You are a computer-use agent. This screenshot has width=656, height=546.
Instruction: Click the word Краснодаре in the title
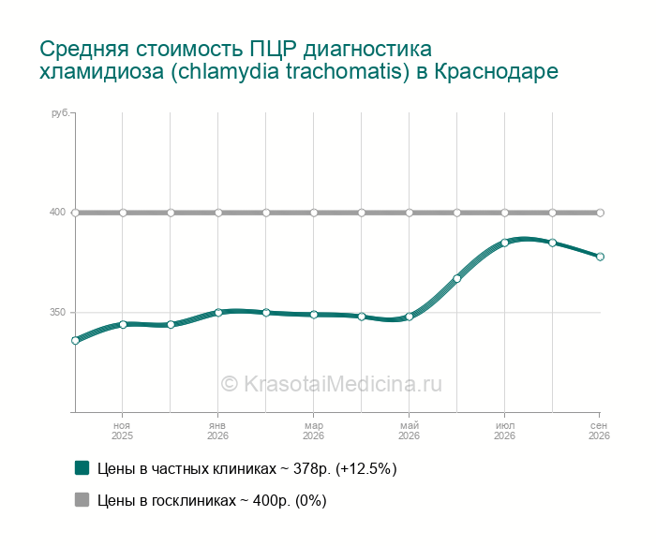(496, 71)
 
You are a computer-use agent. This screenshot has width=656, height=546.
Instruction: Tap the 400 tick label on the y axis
(57, 212)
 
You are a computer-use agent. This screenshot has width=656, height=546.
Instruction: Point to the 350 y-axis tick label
(57, 312)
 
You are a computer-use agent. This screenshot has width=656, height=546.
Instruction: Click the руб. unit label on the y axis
(60, 113)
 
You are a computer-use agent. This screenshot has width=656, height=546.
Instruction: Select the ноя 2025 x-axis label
(122, 431)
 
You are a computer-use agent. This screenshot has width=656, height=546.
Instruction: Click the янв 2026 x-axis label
(217, 431)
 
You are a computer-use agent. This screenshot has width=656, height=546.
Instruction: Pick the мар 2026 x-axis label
(313, 431)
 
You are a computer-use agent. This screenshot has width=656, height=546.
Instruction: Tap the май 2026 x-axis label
(409, 431)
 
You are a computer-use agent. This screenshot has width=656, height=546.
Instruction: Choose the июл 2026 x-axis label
(504, 431)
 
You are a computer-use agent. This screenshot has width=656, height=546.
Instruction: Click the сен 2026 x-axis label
(599, 431)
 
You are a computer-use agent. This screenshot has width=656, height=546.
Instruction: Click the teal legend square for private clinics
(82, 468)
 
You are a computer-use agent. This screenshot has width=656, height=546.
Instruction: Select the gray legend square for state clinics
(82, 499)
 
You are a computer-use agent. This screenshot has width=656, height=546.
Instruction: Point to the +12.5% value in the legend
(366, 468)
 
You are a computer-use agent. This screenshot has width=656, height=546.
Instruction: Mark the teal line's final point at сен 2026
(600, 257)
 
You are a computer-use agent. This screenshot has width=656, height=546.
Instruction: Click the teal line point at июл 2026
(504, 243)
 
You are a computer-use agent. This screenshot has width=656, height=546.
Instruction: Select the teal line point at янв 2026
(218, 312)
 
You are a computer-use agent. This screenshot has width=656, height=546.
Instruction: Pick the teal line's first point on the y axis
(75, 340)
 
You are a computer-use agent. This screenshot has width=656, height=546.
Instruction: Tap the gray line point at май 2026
(410, 213)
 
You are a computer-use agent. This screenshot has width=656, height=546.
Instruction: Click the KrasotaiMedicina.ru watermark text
(331, 383)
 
